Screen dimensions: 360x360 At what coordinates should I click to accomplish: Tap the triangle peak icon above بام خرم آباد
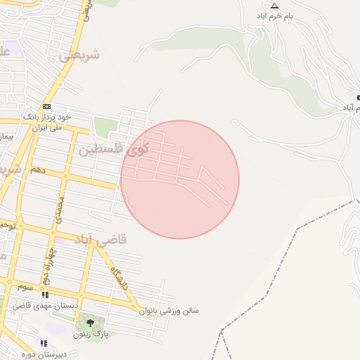(274, 6)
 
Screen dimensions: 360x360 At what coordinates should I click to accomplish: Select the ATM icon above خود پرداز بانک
(47, 106)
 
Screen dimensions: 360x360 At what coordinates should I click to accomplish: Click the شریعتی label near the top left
(79, 54)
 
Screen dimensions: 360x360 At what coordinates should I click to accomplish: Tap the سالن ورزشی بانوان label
(169, 310)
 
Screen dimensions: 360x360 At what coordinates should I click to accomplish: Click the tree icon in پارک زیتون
(91, 323)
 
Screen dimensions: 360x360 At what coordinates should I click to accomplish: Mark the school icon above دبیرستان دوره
(44, 344)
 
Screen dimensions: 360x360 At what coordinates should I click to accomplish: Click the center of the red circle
(180, 179)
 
